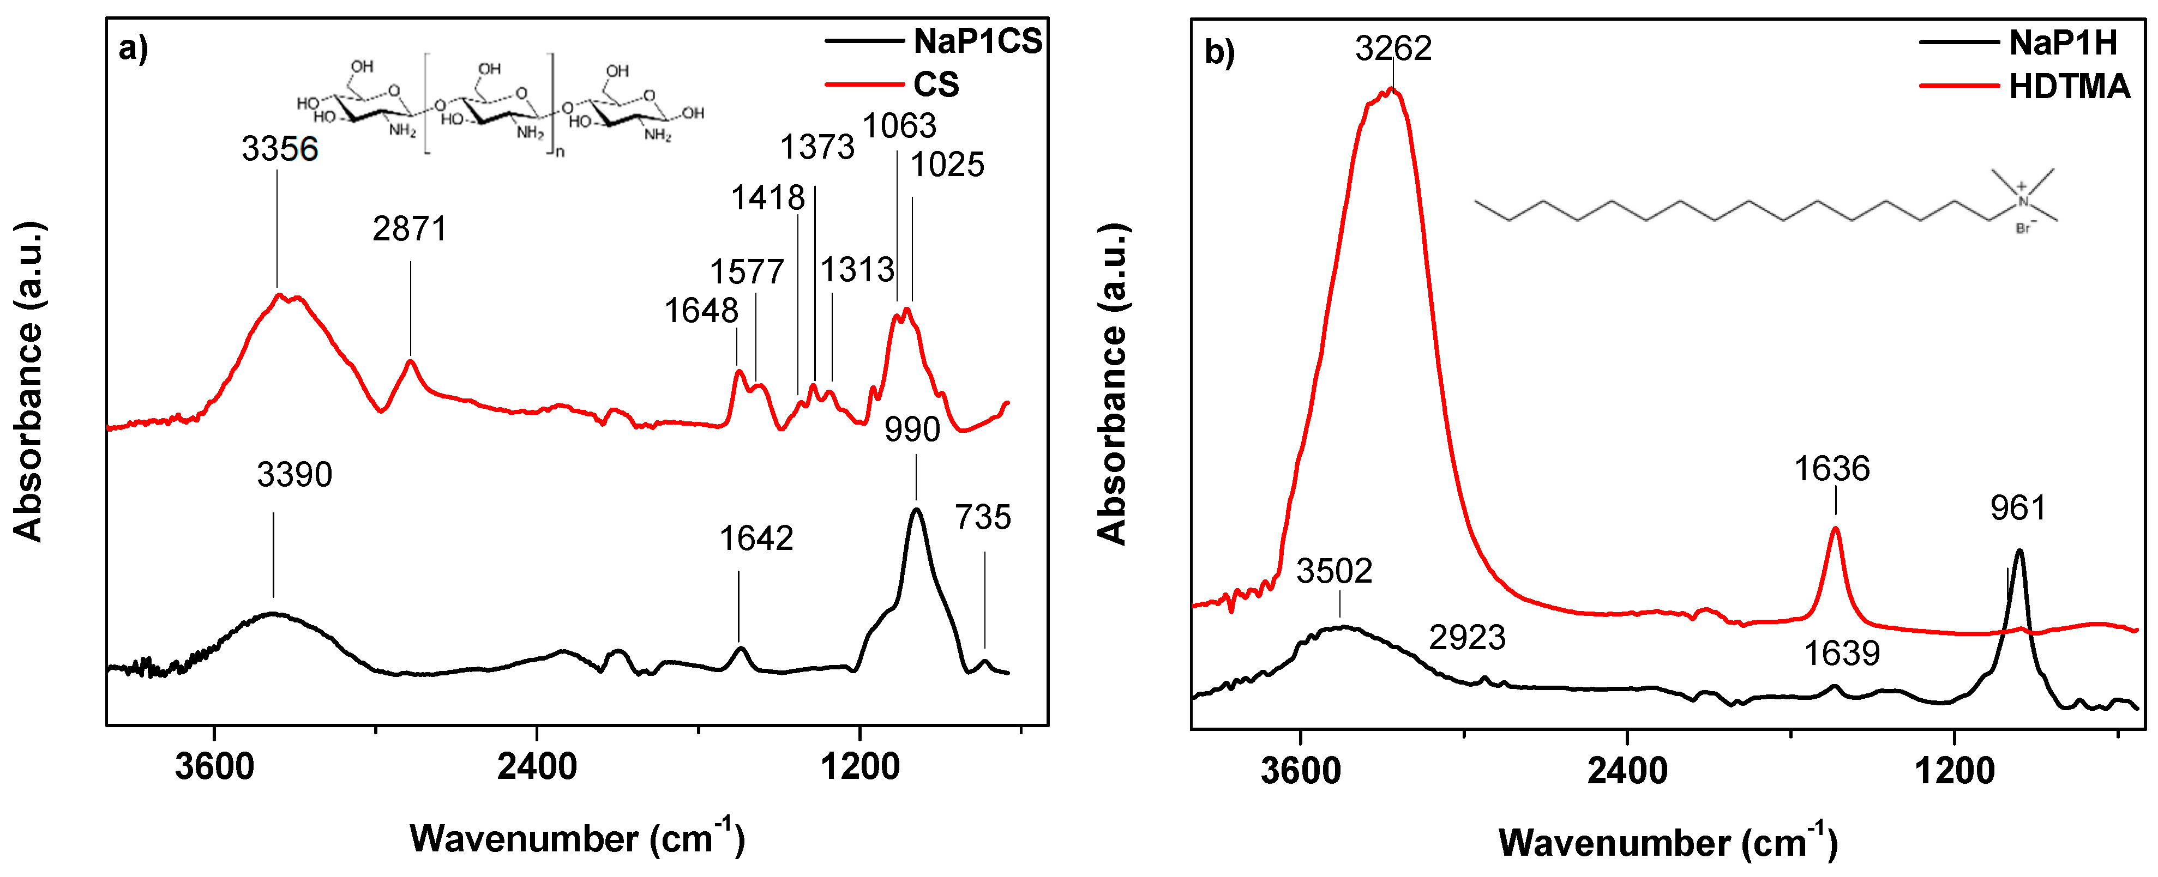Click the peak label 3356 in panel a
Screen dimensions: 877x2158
coord(280,149)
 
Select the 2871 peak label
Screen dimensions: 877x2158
coord(410,229)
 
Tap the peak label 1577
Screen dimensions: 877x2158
coord(747,272)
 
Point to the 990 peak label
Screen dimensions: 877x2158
coord(912,430)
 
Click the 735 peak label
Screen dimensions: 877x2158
coord(983,518)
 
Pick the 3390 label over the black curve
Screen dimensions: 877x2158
coord(294,475)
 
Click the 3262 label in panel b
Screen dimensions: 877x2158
coord(1393,49)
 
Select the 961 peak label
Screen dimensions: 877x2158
coord(2018,509)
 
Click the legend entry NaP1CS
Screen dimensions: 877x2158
coord(977,41)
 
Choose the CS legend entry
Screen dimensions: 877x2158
coord(936,84)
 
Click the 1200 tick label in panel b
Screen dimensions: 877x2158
coord(1955,771)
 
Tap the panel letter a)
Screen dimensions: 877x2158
coord(133,49)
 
